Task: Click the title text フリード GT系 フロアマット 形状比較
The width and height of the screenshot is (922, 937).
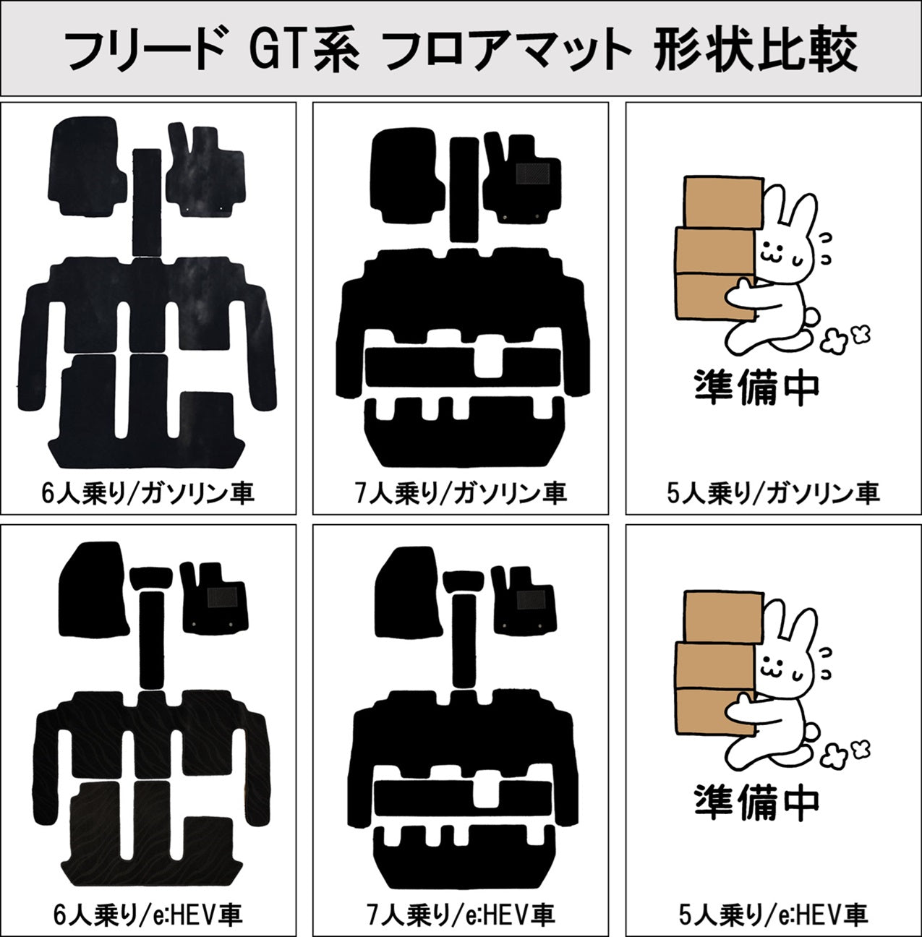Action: click(x=461, y=48)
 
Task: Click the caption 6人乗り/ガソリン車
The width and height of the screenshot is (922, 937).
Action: click(x=148, y=493)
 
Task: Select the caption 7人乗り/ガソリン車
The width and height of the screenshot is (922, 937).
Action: click(x=461, y=493)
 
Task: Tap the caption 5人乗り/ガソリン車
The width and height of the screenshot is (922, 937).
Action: click(x=773, y=493)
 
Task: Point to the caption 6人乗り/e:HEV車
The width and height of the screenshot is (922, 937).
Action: click(x=148, y=915)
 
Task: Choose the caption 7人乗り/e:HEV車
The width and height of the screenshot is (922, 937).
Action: click(x=461, y=915)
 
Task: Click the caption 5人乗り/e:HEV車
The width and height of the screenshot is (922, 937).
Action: click(x=773, y=915)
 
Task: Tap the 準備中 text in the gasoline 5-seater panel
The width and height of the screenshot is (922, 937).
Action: click(x=756, y=388)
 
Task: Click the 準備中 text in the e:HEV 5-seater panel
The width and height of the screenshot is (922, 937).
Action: click(x=756, y=801)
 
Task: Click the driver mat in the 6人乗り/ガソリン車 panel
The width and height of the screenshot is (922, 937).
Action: click(x=205, y=174)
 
